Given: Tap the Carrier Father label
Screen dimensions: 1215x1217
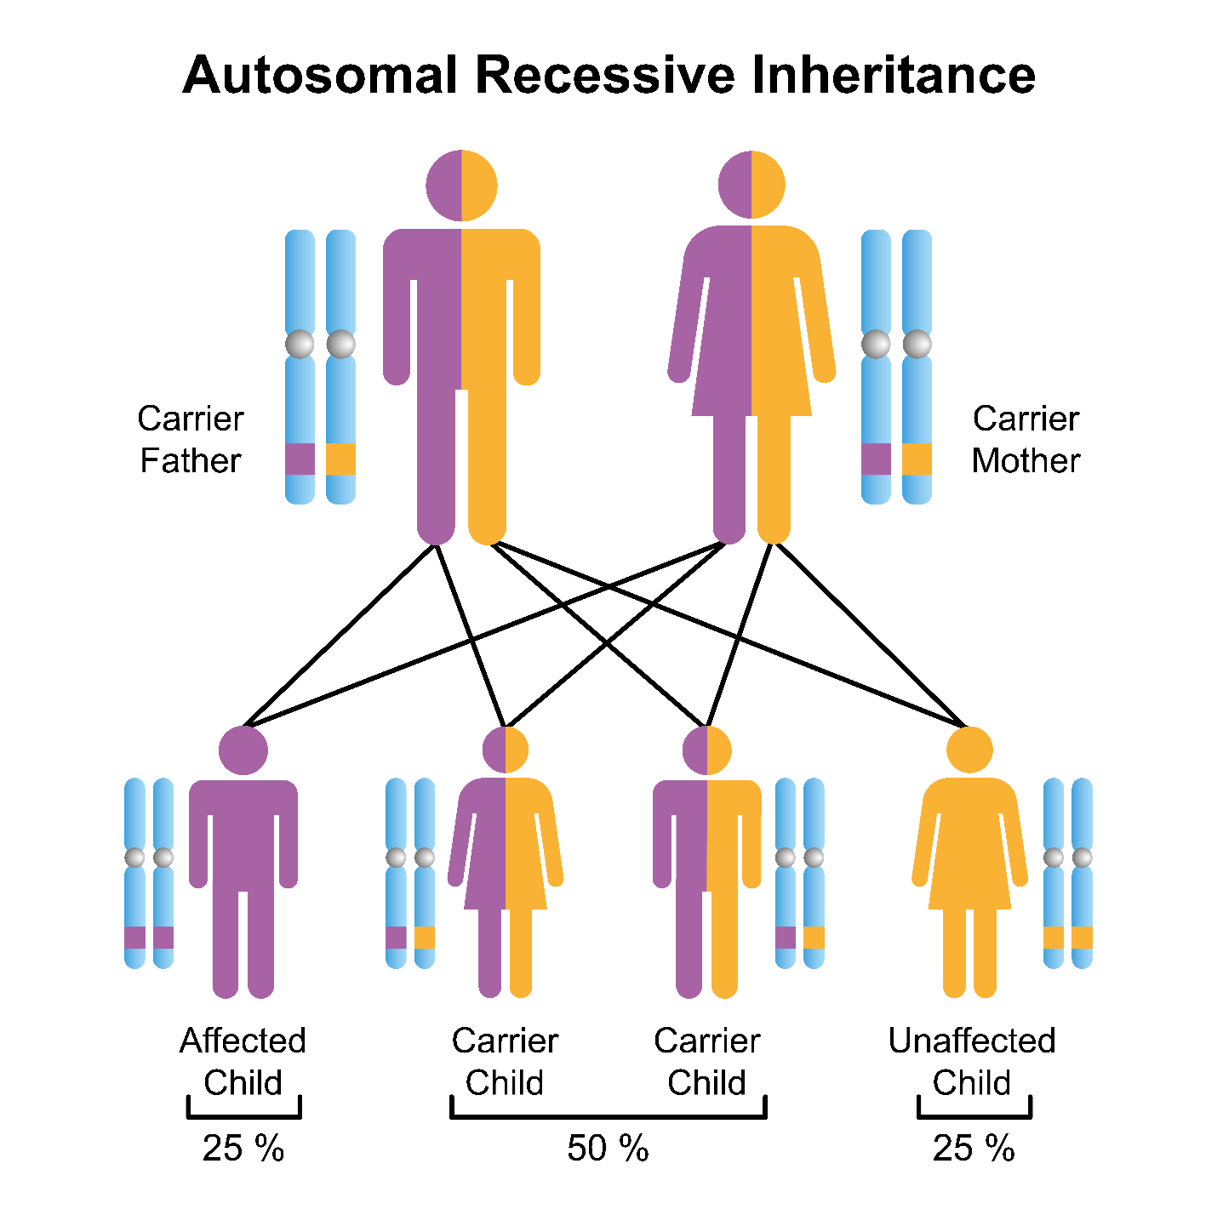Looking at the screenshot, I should pos(191,439).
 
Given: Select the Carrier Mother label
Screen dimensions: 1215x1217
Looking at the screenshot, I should pos(1026,439).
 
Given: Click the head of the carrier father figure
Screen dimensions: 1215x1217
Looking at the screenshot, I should pos(461,185).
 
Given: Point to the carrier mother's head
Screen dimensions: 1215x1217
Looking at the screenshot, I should pos(751,185).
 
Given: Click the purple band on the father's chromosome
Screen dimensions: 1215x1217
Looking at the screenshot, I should pos(300,459).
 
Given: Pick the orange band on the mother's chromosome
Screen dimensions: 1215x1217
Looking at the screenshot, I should pos(917,459).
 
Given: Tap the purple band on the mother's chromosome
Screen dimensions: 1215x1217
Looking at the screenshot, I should pos(876,459).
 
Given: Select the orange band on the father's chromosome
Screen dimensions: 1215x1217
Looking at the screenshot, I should pos(340,459).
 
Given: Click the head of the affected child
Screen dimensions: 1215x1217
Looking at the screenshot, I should pos(243,750).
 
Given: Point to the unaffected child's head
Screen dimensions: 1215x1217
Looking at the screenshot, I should pos(969,750).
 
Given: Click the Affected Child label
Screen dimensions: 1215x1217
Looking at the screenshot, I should pos(243,1061).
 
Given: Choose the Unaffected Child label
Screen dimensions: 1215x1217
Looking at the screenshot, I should pos(971,1061).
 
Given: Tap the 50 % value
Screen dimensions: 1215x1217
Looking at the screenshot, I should pos(608,1149).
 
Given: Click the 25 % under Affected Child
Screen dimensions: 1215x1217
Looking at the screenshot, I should pos(243,1149).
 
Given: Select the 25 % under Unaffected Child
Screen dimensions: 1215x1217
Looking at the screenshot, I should pos(974,1149).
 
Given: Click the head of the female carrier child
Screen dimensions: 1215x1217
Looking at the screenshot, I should pos(506,750).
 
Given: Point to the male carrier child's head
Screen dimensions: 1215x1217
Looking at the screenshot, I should pos(707,750).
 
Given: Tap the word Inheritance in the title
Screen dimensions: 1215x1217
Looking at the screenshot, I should pos(893,75).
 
